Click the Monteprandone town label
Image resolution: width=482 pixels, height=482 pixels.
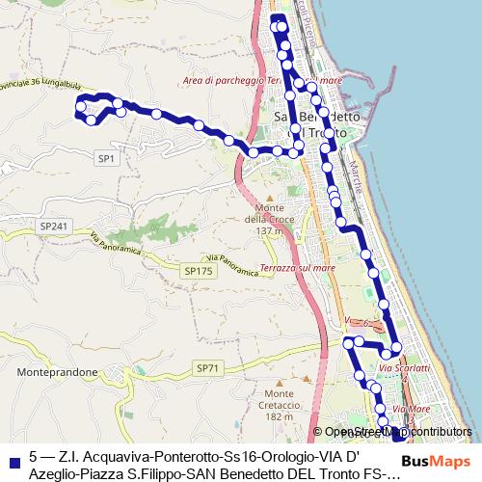pyautogui.click(x=55, y=370)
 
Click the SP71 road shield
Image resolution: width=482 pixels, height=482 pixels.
pyautogui.click(x=207, y=368)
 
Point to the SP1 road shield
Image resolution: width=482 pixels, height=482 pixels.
pyautogui.click(x=106, y=156)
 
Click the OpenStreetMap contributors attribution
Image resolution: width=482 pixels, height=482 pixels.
pyautogui.click(x=397, y=433)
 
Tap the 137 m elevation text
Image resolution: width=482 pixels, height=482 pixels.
pyautogui.click(x=272, y=231)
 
